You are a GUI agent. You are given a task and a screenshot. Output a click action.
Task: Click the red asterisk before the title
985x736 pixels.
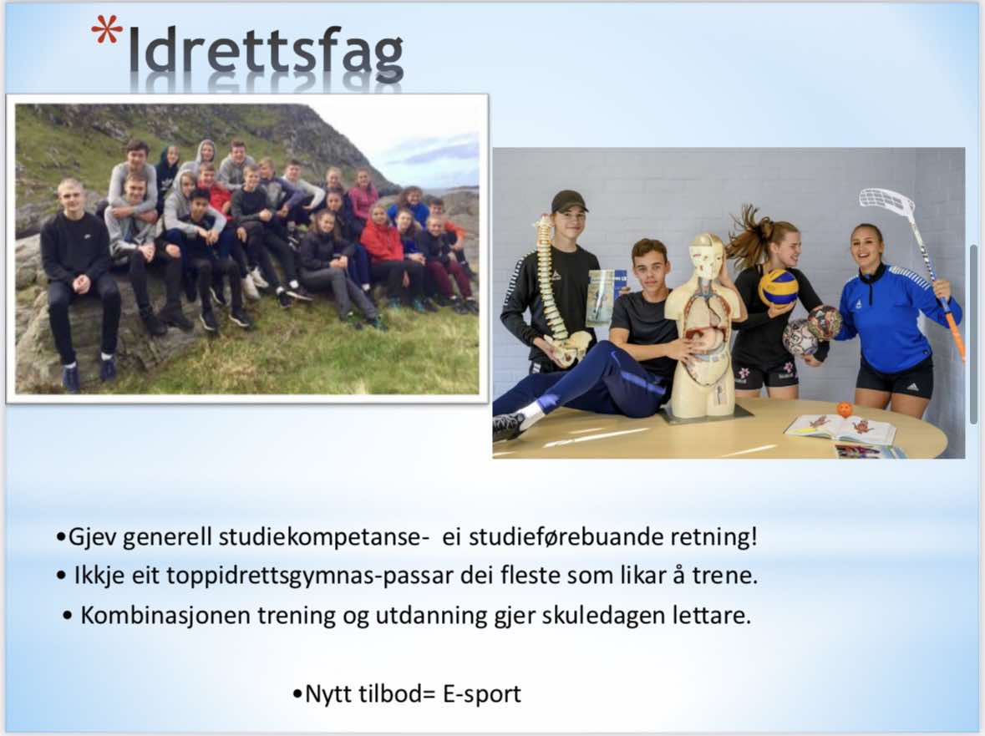coord(106,29)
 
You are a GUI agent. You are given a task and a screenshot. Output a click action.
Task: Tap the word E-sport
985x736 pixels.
coord(482,694)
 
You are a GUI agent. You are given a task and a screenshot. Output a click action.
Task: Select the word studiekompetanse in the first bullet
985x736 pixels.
coord(323,537)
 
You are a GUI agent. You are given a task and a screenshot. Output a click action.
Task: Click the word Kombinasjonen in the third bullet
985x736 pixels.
coord(165,616)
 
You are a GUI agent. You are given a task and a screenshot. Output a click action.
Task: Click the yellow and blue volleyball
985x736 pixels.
coord(778,287)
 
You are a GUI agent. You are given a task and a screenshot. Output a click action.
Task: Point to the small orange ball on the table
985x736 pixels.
coord(845,409)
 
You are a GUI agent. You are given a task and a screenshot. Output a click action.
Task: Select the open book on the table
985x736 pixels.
coord(840,429)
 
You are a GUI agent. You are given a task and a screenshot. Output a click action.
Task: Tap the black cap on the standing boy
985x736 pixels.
coord(569,201)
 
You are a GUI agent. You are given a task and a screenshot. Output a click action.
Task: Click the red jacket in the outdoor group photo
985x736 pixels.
coord(381,242)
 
